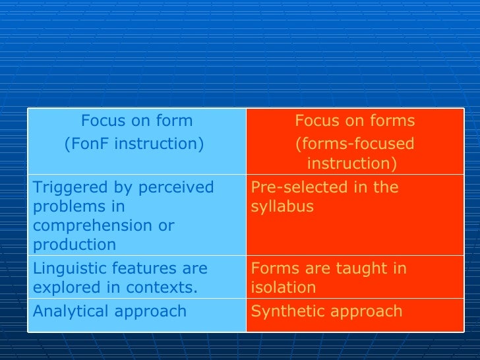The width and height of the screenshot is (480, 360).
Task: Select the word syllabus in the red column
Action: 282,206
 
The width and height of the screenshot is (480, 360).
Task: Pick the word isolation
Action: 283,287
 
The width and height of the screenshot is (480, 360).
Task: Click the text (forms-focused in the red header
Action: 355,144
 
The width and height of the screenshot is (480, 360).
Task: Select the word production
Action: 74,245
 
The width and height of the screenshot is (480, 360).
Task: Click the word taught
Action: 364,268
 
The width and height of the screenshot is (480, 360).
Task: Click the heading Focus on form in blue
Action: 136,121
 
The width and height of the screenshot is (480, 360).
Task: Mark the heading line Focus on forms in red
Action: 355,121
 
